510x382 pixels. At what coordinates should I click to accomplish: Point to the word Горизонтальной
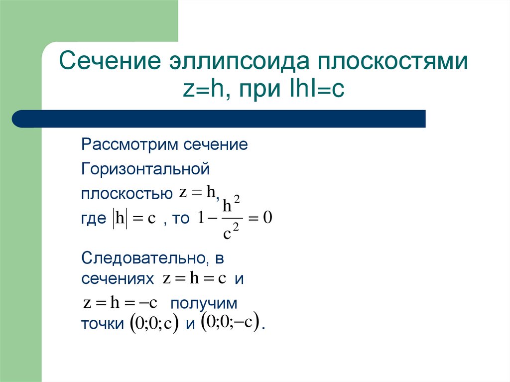click(145, 169)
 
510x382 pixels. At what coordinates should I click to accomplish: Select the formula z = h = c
click(195, 279)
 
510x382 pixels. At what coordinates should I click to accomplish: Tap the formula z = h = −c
click(120, 302)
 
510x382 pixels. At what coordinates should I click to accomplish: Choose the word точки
click(102, 325)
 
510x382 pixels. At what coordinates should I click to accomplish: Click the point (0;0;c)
click(153, 324)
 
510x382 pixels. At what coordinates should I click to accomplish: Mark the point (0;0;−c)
click(230, 322)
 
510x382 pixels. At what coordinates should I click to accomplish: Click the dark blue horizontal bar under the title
click(219, 119)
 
